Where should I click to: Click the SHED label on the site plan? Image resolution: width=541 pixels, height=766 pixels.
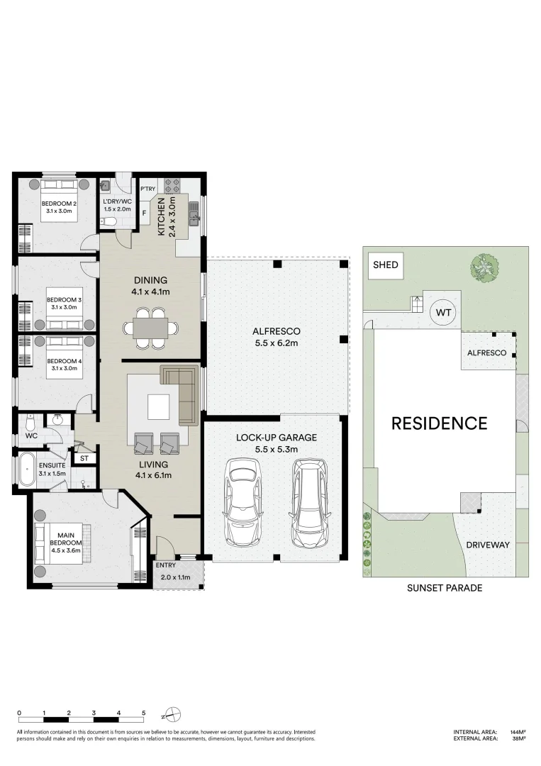pos(386,265)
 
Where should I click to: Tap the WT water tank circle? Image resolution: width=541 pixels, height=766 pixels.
pos(443,312)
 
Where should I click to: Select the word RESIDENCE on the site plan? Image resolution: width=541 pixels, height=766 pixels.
pos(439,423)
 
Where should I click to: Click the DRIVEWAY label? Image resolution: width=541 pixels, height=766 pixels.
pos(488,545)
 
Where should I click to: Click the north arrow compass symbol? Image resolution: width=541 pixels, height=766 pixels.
pos(174,714)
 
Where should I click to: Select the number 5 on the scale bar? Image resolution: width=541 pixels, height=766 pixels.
pos(143,713)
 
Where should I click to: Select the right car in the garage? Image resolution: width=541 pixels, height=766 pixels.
pos(308,502)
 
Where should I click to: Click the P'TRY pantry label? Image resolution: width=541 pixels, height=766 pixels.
pos(147,189)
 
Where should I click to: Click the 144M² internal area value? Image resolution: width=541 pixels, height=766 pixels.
pos(518,731)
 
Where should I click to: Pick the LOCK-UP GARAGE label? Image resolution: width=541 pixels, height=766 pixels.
pos(276,437)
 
